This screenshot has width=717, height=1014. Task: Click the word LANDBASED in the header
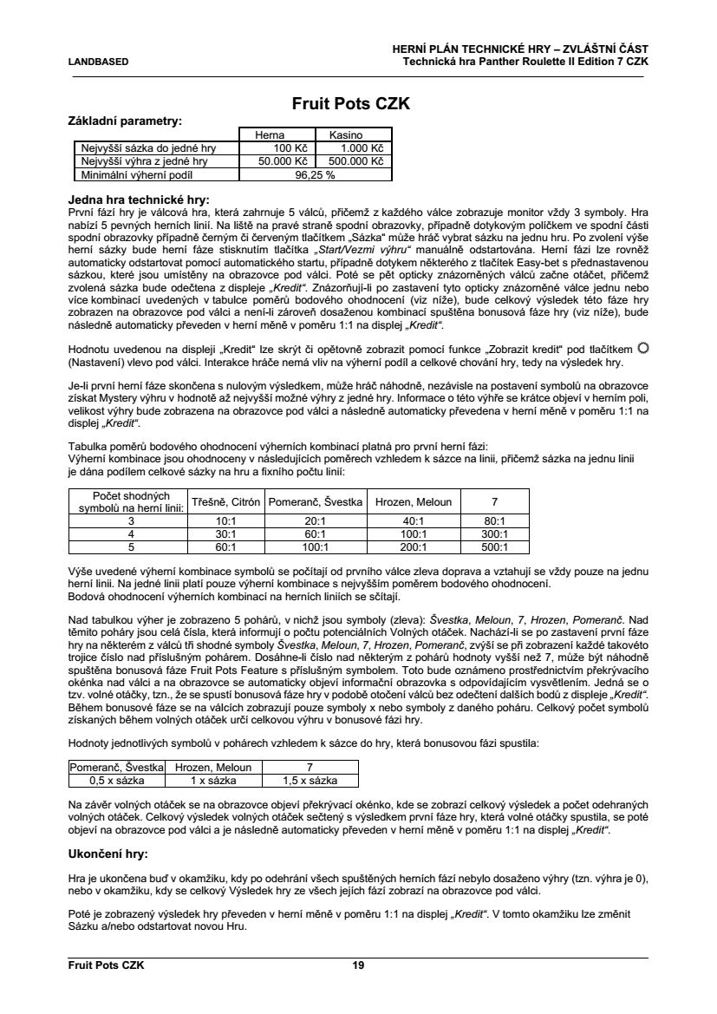point(98,62)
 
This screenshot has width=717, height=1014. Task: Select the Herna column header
point(269,135)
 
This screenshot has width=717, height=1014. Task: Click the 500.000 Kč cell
point(354,160)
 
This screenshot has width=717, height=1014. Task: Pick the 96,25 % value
point(315,173)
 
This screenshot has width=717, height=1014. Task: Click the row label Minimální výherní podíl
point(132,173)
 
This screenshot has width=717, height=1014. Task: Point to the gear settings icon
point(642,348)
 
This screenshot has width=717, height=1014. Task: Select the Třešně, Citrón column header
point(226,502)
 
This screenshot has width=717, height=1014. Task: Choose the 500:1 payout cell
point(494,547)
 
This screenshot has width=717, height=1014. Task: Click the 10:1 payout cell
point(226,521)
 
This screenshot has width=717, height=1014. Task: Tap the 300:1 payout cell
point(494,534)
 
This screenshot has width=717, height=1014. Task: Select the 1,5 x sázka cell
point(310,780)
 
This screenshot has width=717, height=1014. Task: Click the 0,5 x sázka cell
point(116,780)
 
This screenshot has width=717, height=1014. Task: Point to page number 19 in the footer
point(358,965)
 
